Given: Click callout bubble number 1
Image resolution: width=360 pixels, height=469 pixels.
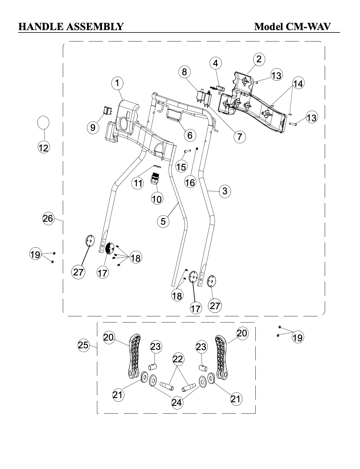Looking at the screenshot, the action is click(117, 83).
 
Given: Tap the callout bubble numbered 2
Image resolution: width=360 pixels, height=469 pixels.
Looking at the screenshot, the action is click(259, 59).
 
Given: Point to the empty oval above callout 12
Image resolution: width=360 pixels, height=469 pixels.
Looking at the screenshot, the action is click(44, 122).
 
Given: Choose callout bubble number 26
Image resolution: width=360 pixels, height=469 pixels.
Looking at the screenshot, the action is click(48, 218).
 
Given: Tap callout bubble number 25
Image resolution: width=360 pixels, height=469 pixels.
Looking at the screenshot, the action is click(83, 345).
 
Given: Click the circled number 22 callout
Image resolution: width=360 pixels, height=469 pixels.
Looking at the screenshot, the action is click(178, 359).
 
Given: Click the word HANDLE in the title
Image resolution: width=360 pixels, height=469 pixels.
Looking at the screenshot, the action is click(41, 27).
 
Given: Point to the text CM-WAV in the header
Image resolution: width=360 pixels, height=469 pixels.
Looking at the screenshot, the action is click(308, 27).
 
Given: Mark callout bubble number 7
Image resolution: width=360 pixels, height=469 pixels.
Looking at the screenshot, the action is click(240, 137).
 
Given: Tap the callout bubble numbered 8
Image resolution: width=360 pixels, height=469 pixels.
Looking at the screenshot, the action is click(184, 72).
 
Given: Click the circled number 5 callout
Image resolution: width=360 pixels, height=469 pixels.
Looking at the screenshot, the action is click(163, 221).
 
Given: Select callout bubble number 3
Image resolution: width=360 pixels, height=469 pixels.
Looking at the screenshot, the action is click(225, 191).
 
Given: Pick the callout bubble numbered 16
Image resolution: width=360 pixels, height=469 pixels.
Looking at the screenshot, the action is click(190, 183).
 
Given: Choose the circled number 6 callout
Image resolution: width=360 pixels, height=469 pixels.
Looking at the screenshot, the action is click(190, 136).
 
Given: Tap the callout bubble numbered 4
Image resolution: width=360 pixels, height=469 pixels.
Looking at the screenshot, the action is click(215, 63).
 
